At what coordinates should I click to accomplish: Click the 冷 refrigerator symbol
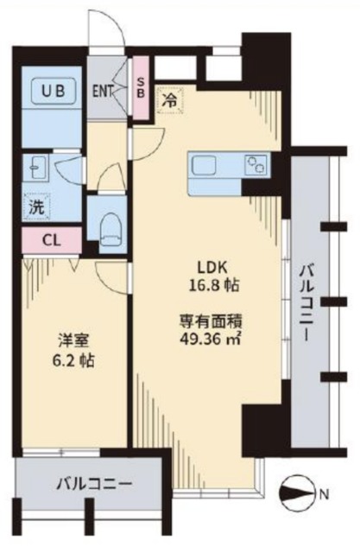[171, 99]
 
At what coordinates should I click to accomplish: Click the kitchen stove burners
[256, 163]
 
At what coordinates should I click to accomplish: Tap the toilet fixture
[109, 230]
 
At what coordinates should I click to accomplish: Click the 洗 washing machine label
[35, 207]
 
